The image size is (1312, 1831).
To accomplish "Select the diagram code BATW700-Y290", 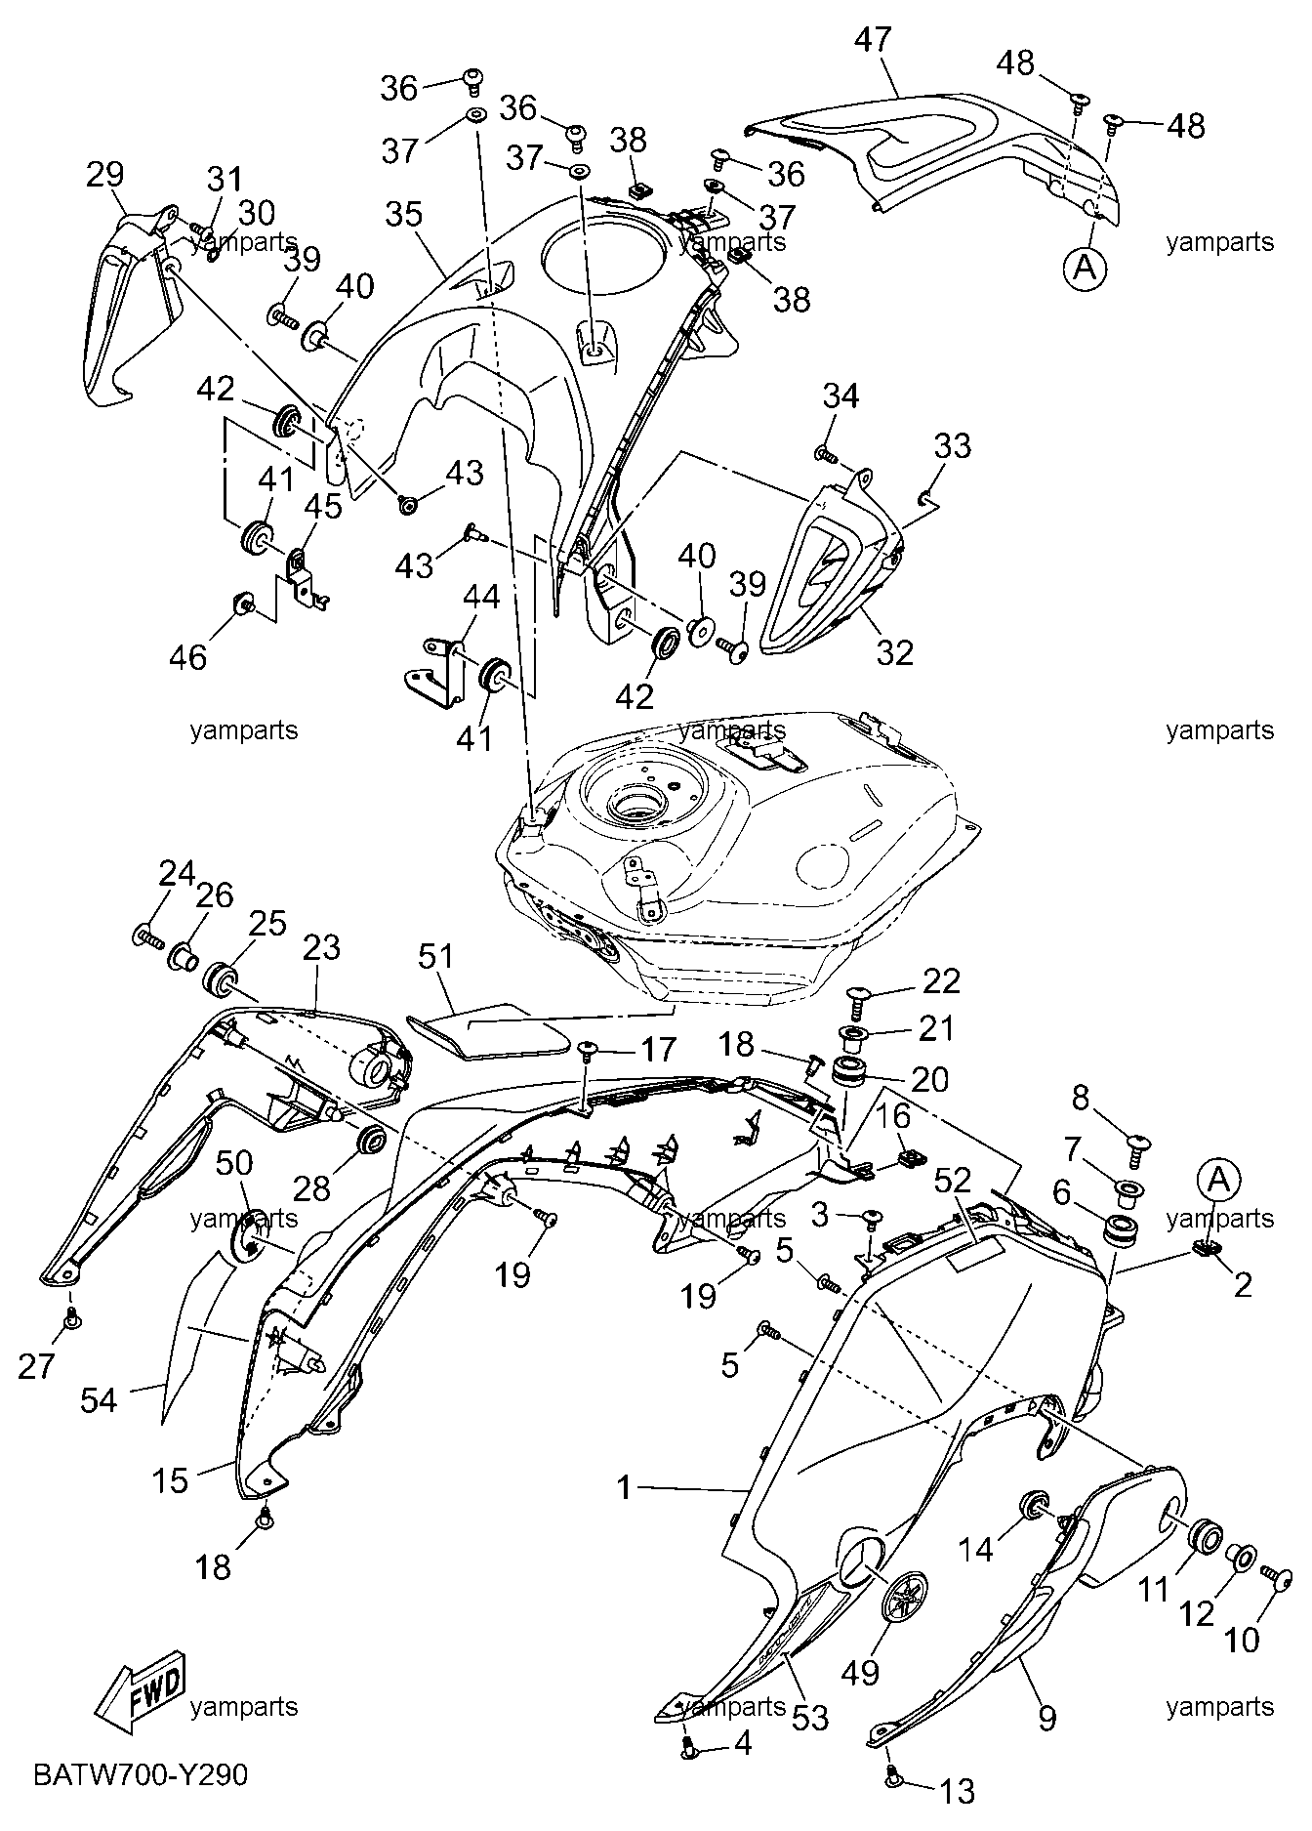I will pyautogui.click(x=141, y=1773).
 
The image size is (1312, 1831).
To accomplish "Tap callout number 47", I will pyautogui.click(x=873, y=41).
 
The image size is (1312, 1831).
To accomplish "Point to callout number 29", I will pyautogui.click(x=105, y=175).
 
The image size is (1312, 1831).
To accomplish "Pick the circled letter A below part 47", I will pyautogui.click(x=1085, y=266).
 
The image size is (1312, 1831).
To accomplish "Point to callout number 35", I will pyautogui.click(x=404, y=214).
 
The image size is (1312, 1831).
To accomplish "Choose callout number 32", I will pyautogui.click(x=894, y=651).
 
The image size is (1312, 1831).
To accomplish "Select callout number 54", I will pyautogui.click(x=100, y=1400).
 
